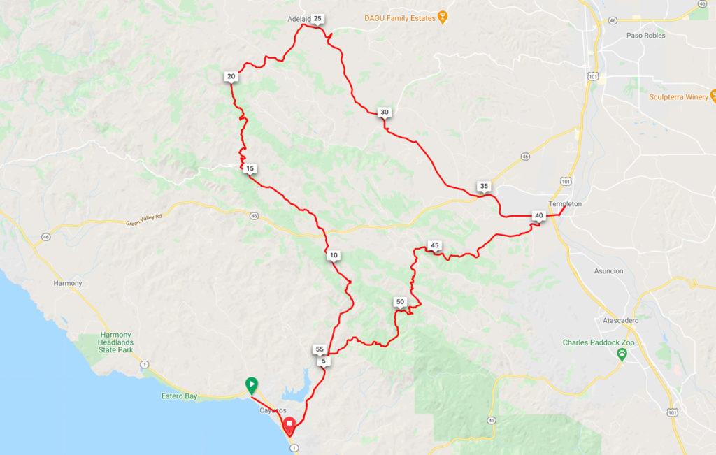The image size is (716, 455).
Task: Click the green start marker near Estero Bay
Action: click(250, 384)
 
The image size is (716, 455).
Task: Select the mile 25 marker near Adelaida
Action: click(317, 19)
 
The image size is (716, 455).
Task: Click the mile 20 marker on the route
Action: click(231, 76)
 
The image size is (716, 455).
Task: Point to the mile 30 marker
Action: click(384, 112)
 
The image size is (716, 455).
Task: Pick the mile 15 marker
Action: click(250, 168)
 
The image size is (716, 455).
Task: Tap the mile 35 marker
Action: click(483, 186)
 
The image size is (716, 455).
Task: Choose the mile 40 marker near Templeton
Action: click(538, 215)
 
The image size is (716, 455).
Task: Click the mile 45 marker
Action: click(434, 245)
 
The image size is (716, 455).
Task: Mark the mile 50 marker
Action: click(400, 302)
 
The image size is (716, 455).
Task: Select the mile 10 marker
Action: click(334, 256)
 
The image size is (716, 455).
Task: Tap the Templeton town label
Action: click(565, 203)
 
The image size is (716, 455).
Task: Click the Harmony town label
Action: click(68, 283)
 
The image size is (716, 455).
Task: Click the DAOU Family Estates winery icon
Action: click(443, 17)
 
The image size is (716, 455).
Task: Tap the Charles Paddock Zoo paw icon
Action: click(620, 356)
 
